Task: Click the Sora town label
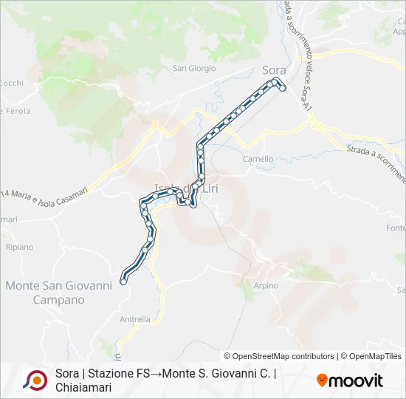coord(274,70)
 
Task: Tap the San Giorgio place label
coord(194,69)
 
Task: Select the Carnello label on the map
coord(258,159)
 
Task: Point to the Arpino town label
coord(266,286)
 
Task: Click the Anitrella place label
coord(135,320)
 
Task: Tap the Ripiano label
coord(19,248)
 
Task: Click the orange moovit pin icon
coord(322,380)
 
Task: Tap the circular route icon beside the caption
coord(35,380)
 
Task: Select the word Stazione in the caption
coord(111,374)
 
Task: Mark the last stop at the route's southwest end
coord(123,281)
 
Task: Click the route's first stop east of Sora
coord(282,89)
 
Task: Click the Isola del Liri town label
coord(177,187)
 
